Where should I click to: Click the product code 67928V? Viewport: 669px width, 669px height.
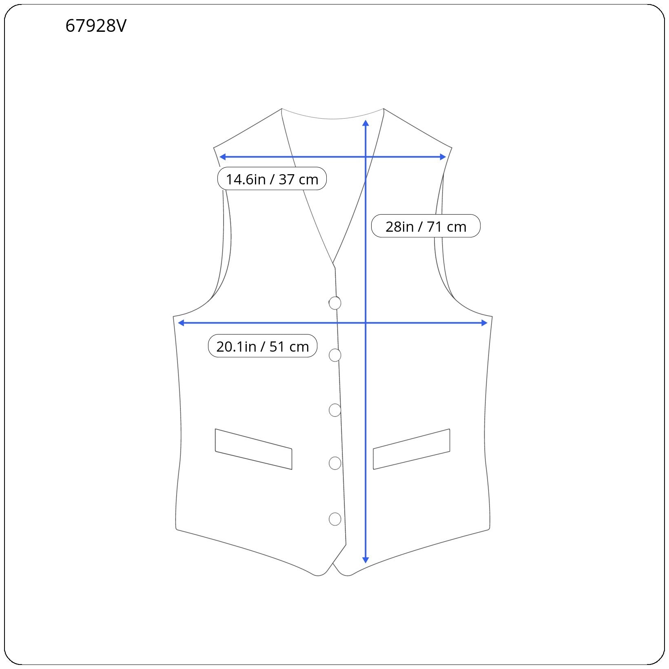click(x=96, y=26)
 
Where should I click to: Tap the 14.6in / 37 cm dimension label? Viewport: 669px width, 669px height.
click(x=272, y=179)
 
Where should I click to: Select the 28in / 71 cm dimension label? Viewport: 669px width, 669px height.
click(x=426, y=226)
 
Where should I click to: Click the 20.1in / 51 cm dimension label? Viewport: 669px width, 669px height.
click(x=263, y=346)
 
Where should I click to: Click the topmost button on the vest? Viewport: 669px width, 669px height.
click(x=335, y=303)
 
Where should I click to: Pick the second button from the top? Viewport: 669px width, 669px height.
click(x=335, y=355)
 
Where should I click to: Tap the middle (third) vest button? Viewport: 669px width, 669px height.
click(x=335, y=410)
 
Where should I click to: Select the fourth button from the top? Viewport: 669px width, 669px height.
click(x=335, y=463)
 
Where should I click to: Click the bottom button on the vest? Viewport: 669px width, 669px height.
click(x=335, y=519)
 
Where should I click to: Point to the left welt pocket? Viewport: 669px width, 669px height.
click(x=254, y=449)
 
